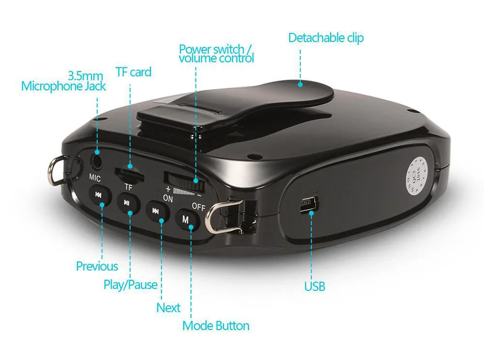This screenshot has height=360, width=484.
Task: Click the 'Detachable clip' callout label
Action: [x=326, y=38]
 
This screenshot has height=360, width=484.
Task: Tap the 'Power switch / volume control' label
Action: [x=216, y=54]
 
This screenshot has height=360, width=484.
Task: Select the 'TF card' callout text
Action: [x=133, y=72]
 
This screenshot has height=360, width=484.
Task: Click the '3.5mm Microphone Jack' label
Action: [x=63, y=81]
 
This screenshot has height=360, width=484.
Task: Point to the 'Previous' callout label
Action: [x=97, y=266]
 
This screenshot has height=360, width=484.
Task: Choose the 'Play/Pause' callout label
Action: [x=131, y=285]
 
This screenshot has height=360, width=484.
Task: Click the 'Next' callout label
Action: [x=168, y=308]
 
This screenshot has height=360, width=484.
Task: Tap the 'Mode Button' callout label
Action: [x=216, y=326]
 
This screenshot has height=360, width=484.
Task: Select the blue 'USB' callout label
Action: [x=314, y=286]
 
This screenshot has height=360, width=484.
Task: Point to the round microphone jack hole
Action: [x=97, y=158]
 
